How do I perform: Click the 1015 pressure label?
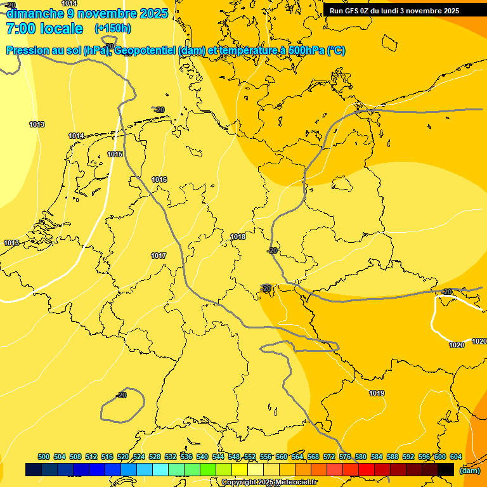(115, 155)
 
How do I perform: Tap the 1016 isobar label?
(159, 180)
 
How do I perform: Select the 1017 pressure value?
(159, 256)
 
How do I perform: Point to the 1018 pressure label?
(238, 237)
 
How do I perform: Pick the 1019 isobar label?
(377, 394)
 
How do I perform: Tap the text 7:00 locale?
(44, 29)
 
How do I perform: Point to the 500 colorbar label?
(44, 457)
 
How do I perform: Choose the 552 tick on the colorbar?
(250, 457)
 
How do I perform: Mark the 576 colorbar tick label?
(345, 457)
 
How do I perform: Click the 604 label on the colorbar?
(455, 457)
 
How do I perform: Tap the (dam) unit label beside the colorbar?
(469, 471)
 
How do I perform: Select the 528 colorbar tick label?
(155, 457)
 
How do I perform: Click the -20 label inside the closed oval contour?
(121, 396)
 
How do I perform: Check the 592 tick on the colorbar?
(408, 457)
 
